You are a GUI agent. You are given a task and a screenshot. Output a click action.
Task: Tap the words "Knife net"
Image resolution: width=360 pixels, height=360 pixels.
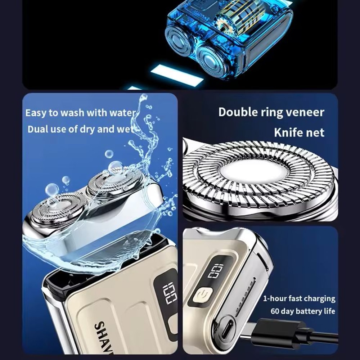[x=299, y=132]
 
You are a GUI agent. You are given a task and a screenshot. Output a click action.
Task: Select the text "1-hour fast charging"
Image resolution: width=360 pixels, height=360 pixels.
[x=299, y=298]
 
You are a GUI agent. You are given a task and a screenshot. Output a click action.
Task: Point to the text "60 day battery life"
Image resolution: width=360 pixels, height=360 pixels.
[x=303, y=311]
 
